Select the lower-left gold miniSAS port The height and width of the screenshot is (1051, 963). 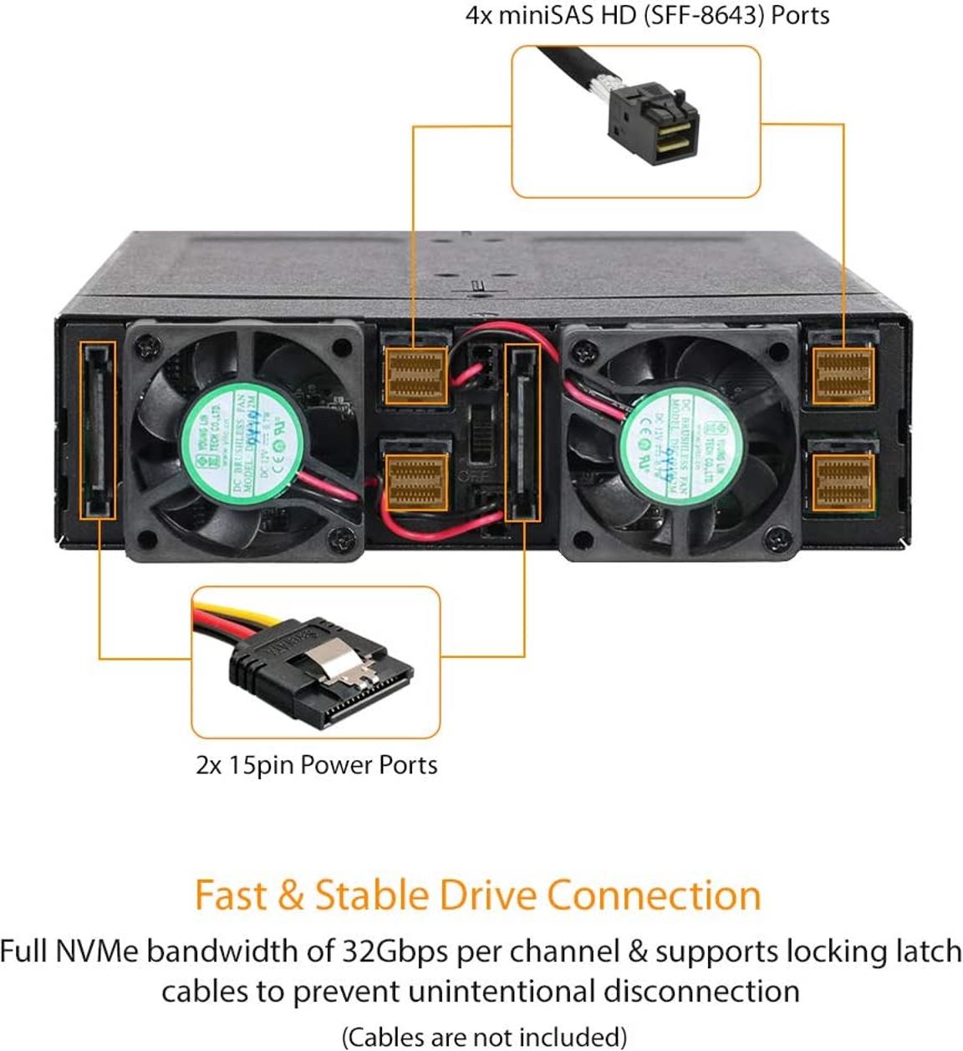(415, 481)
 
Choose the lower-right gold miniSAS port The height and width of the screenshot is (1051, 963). (843, 481)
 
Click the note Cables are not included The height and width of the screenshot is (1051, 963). (484, 1037)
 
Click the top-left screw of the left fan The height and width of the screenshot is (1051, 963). (148, 344)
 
